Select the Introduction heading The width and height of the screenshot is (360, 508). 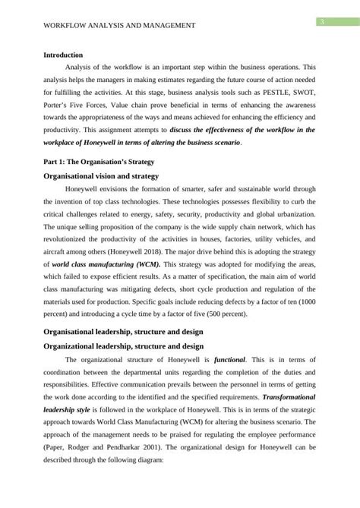[68, 55]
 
